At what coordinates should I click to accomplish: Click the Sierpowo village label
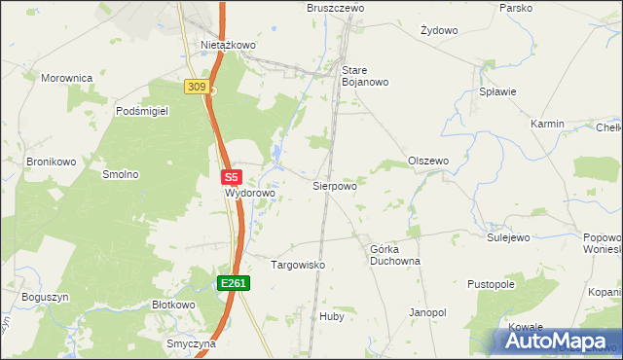[334, 185]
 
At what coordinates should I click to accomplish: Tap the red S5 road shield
[231, 178]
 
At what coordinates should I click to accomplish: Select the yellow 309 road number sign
[196, 88]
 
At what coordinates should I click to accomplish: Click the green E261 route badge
[234, 283]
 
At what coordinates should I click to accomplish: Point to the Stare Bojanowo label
[365, 76]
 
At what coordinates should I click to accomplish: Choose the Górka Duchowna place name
[394, 255]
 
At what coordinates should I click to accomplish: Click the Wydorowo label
[250, 194]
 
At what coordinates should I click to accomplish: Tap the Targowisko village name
[297, 265]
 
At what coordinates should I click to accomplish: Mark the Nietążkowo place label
[228, 45]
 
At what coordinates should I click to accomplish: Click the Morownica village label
[66, 77]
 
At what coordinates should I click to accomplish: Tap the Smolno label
[121, 175]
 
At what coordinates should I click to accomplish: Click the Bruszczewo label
[336, 7]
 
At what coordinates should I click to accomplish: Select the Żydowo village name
[439, 30]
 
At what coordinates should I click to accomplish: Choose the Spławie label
[497, 91]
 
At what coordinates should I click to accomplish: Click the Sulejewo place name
[507, 236]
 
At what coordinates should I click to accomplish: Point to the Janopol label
[427, 312]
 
